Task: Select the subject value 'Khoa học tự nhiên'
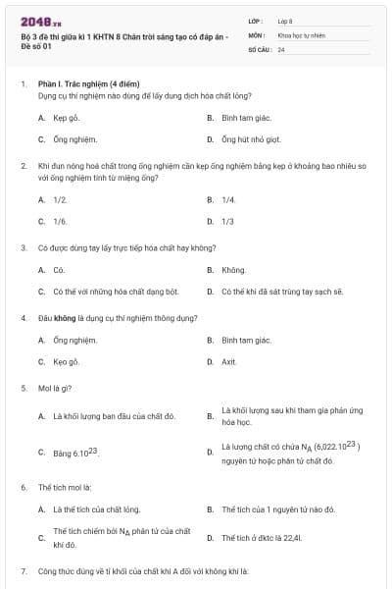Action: click(299, 34)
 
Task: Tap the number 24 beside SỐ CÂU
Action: click(281, 48)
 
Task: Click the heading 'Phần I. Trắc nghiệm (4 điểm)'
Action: click(87, 85)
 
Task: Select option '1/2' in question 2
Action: click(60, 199)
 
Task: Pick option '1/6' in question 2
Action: click(60, 221)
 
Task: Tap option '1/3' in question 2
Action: click(228, 221)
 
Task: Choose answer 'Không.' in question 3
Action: click(233, 269)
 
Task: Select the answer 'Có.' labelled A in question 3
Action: click(59, 269)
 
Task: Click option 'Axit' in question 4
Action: click(229, 361)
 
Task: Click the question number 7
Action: click(24, 570)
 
